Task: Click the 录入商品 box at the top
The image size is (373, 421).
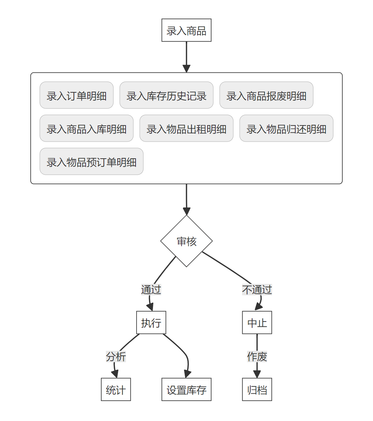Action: [186, 30]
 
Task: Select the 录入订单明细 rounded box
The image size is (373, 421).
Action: [76, 95]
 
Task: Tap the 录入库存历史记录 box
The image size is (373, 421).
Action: [166, 95]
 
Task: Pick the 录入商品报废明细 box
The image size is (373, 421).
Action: [266, 95]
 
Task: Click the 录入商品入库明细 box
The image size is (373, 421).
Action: [86, 128]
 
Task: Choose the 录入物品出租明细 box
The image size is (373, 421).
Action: [186, 128]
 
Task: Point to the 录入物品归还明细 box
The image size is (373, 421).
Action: [286, 128]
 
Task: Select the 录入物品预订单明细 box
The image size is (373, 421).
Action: [91, 161]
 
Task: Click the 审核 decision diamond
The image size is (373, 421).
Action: [186, 241]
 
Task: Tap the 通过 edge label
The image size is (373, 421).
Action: [151, 289]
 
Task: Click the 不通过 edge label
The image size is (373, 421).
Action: [257, 289]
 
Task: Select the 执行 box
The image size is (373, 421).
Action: [151, 323]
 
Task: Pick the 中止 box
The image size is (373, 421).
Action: [257, 323]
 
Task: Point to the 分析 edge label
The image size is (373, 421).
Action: [116, 356]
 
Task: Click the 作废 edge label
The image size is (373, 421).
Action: [257, 356]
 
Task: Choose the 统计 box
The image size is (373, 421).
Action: [116, 390]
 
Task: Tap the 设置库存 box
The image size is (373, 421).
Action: [186, 390]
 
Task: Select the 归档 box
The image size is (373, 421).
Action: [257, 390]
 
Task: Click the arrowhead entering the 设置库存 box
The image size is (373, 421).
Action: [187, 374]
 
